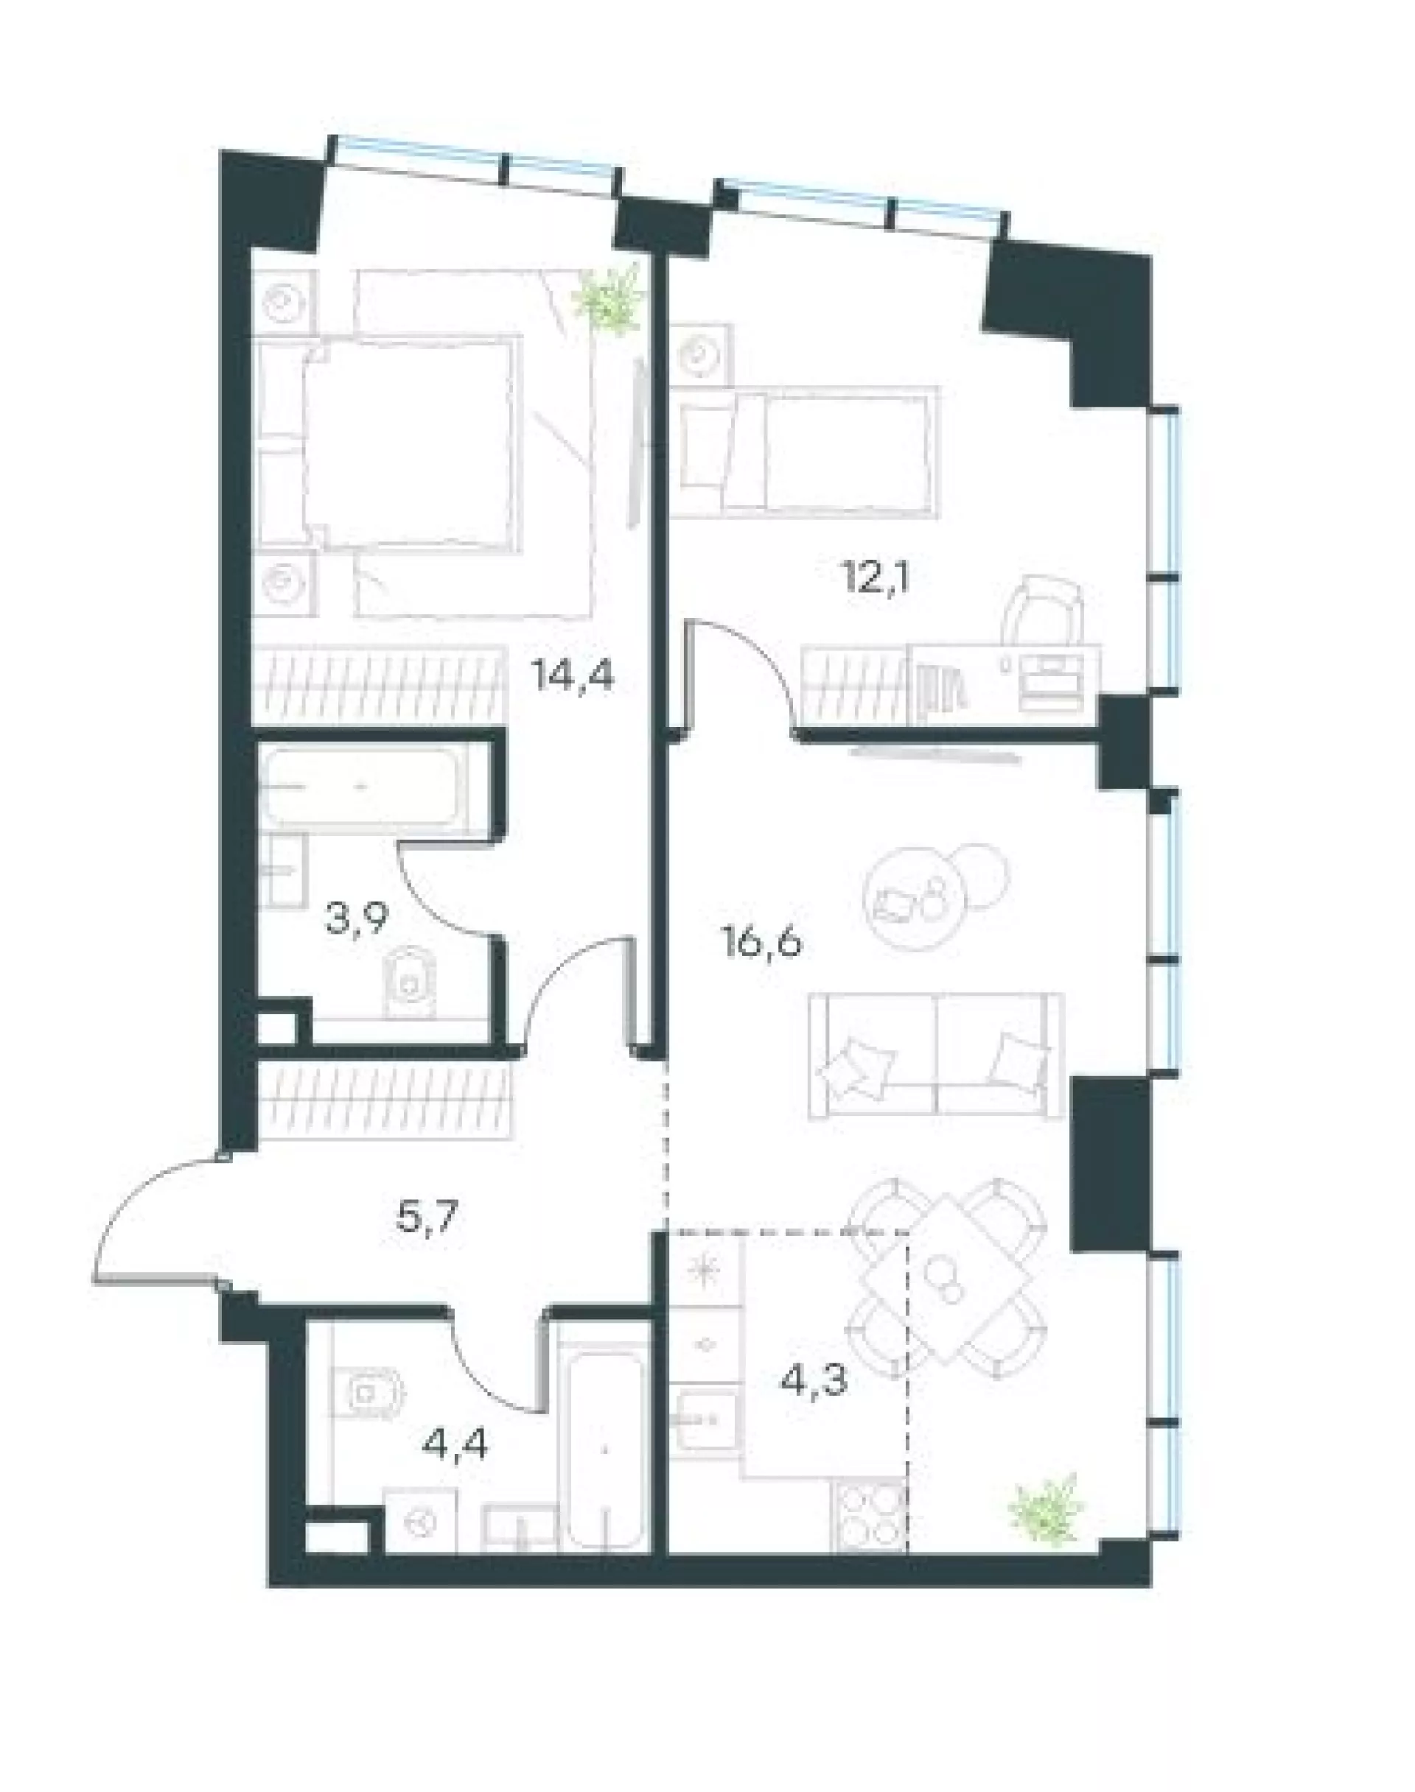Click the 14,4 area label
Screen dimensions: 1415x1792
[573, 677]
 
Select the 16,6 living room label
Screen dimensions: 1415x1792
[762, 944]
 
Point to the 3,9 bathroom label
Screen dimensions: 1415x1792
[356, 919]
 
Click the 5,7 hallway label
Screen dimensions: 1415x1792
[428, 1220]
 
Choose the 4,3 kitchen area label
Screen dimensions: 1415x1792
[814, 1380]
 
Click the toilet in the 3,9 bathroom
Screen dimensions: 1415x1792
[409, 983]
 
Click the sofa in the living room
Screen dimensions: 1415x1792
[936, 1054]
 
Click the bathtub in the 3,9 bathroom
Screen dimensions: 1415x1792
[366, 787]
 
